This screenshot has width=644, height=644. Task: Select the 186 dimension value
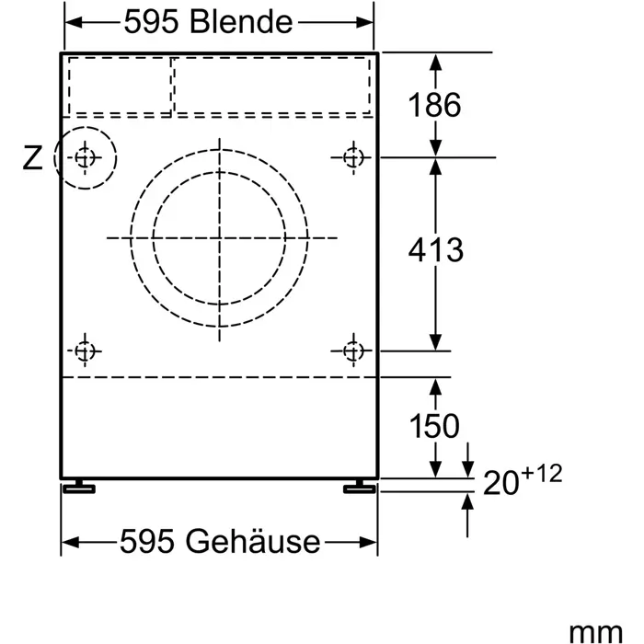click(x=434, y=105)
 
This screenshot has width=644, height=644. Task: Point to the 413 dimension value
click(x=434, y=249)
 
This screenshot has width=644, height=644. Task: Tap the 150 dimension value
click(x=434, y=426)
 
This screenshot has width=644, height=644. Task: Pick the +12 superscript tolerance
click(x=545, y=473)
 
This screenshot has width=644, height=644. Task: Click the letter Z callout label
click(x=32, y=159)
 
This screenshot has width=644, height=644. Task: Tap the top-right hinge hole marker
click(x=352, y=157)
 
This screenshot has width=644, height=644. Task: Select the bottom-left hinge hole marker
click(x=85, y=351)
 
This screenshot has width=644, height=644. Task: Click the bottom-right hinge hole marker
click(x=352, y=351)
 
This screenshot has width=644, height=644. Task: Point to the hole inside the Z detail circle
click(x=85, y=158)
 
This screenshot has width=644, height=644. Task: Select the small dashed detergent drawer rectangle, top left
click(x=118, y=86)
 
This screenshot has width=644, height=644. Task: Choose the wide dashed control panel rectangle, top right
click(x=274, y=86)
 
